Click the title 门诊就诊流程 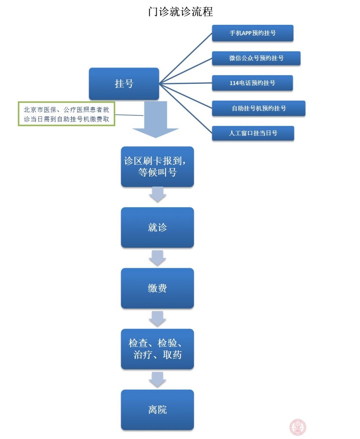click(x=180, y=11)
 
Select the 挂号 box click(x=124, y=84)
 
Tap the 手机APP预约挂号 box click(x=252, y=33)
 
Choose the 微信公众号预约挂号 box click(x=256, y=58)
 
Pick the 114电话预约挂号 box click(x=252, y=83)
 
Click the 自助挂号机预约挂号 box click(x=259, y=108)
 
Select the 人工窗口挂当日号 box click(x=253, y=133)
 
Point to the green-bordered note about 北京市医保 click(x=67, y=114)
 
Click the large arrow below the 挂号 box click(x=155, y=119)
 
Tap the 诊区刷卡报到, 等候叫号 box click(x=157, y=167)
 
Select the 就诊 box click(x=157, y=228)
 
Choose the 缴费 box click(x=157, y=288)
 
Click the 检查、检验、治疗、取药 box click(x=157, y=349)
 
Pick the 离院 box click(x=157, y=410)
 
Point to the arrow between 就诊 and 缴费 click(x=157, y=258)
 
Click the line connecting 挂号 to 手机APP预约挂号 click(x=186, y=59)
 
